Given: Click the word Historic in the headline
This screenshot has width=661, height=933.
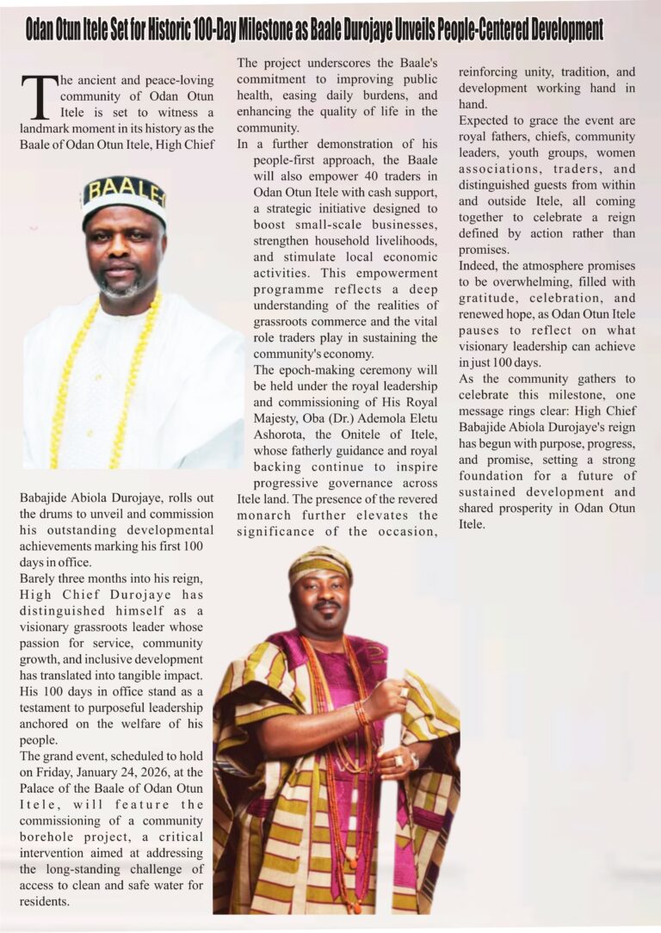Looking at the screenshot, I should (x=200, y=31).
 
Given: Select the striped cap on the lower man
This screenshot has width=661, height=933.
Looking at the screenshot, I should (x=320, y=563).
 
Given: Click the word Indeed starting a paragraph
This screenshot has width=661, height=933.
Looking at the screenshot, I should (x=479, y=266).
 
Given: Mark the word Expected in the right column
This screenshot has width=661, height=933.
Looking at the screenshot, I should (x=487, y=120).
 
